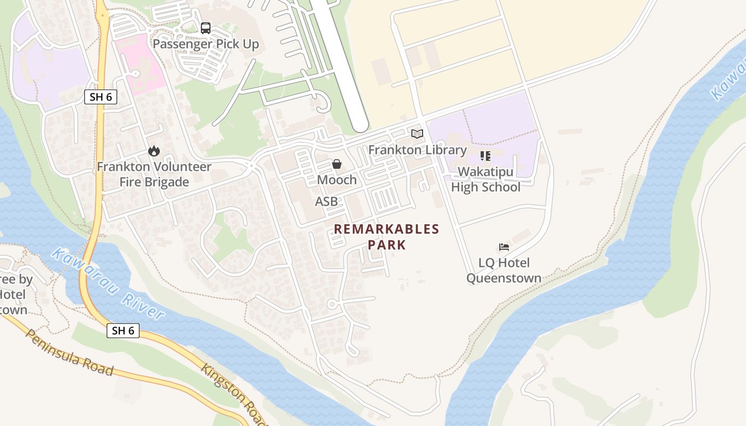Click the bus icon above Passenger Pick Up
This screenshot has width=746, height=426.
point(206,28)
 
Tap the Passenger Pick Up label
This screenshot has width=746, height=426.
point(206,44)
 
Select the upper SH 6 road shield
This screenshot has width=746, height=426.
point(100,97)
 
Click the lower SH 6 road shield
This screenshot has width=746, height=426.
point(123,331)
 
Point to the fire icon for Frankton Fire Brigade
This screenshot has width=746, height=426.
point(154,151)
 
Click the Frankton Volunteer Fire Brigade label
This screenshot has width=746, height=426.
point(154,174)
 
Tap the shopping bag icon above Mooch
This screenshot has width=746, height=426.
point(337,164)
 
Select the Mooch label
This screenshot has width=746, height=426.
point(337,179)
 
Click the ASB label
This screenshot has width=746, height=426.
point(326,201)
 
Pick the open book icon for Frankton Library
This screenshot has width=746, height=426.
point(417,134)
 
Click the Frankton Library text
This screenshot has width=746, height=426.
point(417,150)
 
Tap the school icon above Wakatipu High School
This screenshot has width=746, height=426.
point(485,156)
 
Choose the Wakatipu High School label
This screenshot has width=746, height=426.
point(485,179)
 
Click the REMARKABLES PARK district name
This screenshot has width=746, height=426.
point(387,237)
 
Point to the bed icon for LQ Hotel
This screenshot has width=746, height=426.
point(504,247)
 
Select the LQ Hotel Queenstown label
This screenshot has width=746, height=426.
point(504,271)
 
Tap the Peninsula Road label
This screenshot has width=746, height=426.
point(69,353)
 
